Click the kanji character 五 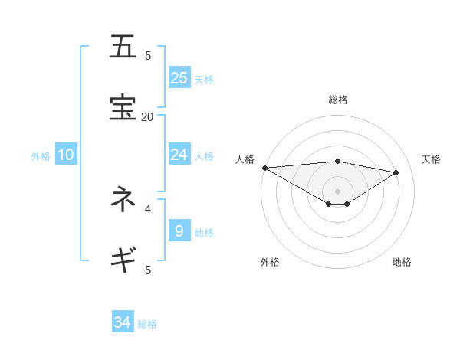point(123,47)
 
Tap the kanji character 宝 point(123,108)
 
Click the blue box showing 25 point(179,77)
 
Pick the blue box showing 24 point(179,155)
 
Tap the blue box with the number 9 point(179,231)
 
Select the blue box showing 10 point(66,155)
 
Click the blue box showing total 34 point(123,322)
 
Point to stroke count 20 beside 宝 point(147,116)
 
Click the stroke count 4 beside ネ point(148,208)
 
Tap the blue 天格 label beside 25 point(203,79)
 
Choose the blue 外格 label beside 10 point(41,156)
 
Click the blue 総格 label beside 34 point(147,324)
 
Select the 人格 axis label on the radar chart point(245,159)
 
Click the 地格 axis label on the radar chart point(402,262)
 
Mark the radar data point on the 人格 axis point(264,168)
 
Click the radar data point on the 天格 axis point(396,172)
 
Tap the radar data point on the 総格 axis point(337,161)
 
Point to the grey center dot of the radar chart point(337,191)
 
